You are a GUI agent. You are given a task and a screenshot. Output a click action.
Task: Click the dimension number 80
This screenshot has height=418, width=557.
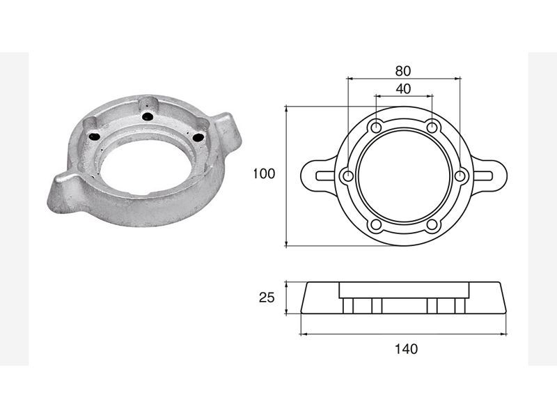(x=403, y=71)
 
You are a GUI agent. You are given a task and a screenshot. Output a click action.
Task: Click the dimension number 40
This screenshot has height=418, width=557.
(x=403, y=89)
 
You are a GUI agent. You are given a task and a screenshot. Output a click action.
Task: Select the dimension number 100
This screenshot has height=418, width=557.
(x=264, y=173)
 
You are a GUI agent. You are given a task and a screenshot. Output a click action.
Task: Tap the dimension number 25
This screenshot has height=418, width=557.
(x=267, y=297)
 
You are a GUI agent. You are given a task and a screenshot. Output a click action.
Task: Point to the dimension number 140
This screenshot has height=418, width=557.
(x=407, y=349)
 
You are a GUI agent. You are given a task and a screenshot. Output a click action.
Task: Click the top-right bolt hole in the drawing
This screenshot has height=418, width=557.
(x=432, y=127)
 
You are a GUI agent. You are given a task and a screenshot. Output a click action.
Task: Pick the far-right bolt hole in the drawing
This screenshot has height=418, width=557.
(x=460, y=176)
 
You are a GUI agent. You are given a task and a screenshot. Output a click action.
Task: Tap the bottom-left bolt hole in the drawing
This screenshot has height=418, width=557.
(x=376, y=225)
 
